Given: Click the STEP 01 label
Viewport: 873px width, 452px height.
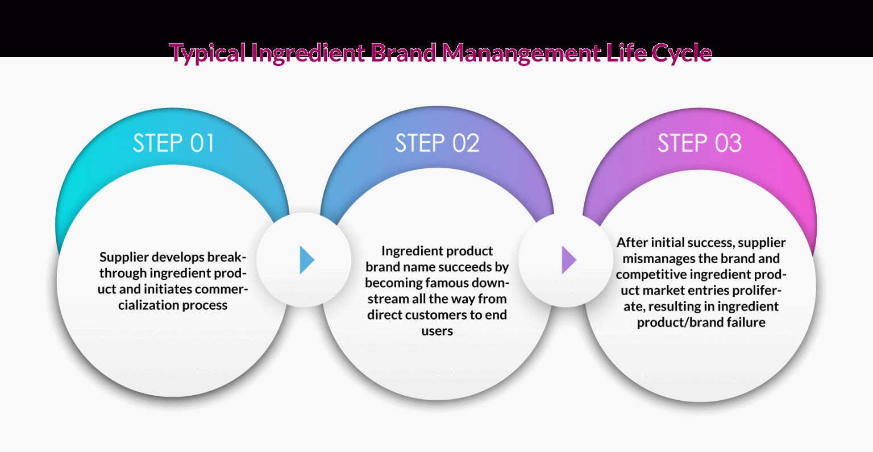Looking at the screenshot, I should coord(173,143).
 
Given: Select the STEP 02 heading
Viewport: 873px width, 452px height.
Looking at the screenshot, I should coord(437,143).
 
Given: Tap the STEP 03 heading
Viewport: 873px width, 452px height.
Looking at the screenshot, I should coord(700,143).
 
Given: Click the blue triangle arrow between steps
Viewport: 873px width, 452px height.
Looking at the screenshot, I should coord(306,260).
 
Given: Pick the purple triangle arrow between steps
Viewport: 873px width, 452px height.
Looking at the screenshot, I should coord(568,260).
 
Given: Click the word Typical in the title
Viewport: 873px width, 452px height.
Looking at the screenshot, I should coord(207,53).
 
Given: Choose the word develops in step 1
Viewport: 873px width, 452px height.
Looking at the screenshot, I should coord(177,257).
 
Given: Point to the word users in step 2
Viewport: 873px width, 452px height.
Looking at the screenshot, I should coord(437,331).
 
